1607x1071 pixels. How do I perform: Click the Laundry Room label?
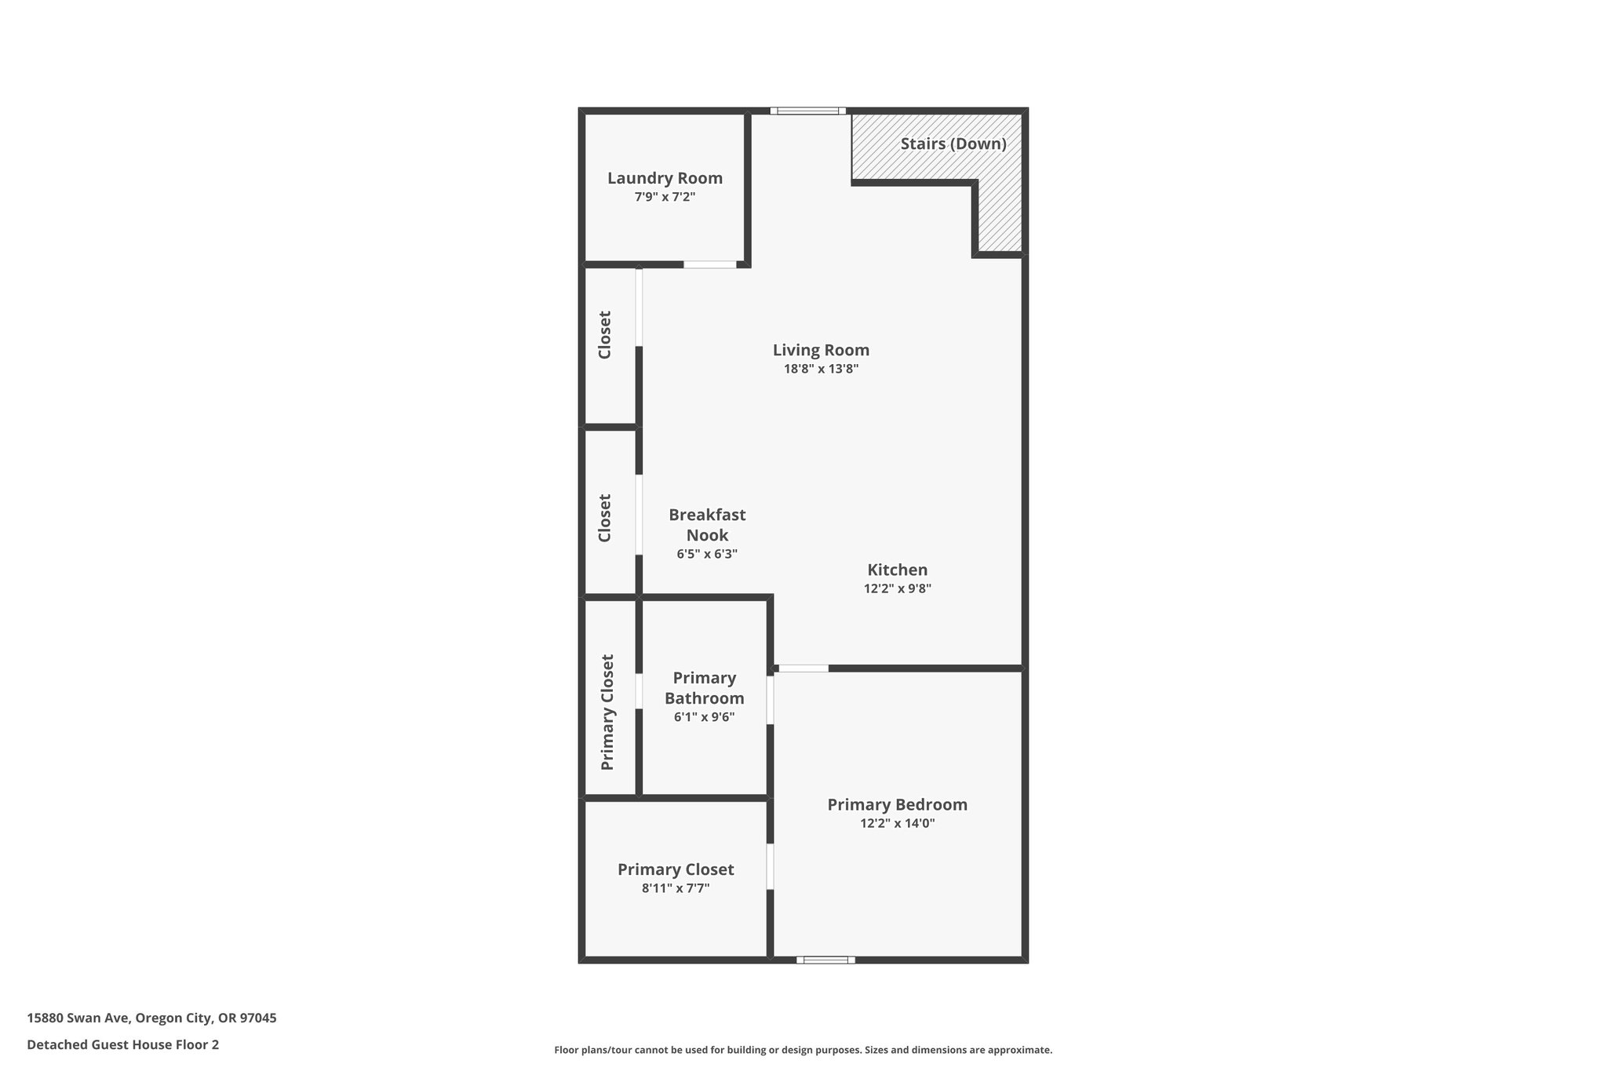(665, 178)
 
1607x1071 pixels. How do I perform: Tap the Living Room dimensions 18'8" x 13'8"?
(821, 369)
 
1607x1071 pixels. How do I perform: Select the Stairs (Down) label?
(953, 144)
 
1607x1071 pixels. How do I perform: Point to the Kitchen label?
(897, 570)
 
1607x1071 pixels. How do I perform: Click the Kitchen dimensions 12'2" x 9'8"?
(897, 588)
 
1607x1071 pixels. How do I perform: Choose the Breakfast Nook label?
(707, 525)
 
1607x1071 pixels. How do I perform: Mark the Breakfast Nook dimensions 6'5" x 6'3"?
(707, 554)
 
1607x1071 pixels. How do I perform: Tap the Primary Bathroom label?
(704, 688)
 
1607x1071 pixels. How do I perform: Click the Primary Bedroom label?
(897, 804)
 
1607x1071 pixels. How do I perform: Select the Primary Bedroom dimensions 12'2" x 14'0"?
(897, 823)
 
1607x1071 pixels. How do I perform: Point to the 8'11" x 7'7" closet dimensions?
(676, 888)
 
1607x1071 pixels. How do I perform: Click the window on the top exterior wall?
(807, 111)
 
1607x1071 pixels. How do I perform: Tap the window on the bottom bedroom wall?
(825, 960)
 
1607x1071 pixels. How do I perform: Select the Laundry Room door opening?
(709, 264)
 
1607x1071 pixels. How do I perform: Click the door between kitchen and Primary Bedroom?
(803, 668)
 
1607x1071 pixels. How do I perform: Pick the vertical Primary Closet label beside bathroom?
(607, 712)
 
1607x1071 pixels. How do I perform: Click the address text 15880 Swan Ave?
(151, 1018)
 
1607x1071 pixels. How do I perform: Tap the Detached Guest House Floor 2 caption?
(122, 1044)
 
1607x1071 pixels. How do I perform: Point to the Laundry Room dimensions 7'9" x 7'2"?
(665, 197)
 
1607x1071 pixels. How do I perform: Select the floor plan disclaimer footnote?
(803, 1050)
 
